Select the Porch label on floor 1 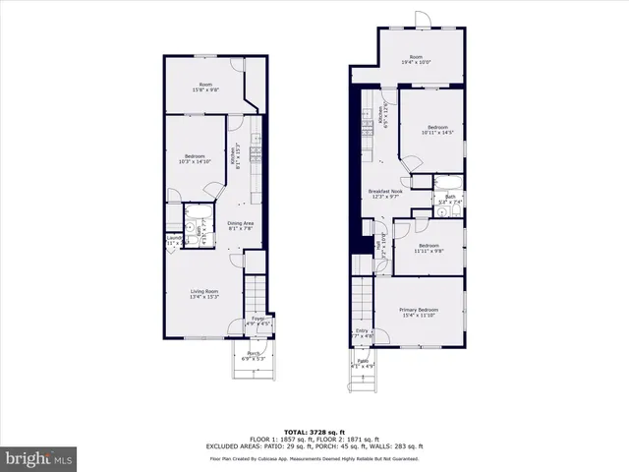point(254,356)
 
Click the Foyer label point(257,321)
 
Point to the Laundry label point(174,239)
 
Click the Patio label point(362,363)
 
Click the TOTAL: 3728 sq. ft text point(314,432)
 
